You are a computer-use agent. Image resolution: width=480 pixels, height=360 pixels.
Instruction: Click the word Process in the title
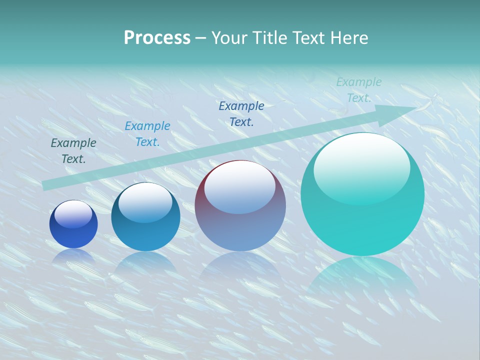pyautogui.click(x=157, y=38)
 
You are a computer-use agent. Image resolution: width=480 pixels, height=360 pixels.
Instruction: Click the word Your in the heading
pyautogui.click(x=230, y=38)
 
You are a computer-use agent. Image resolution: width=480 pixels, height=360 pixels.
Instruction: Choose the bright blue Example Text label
pyautogui.click(x=147, y=134)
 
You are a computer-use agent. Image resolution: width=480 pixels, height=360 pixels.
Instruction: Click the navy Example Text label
pyautogui.click(x=241, y=113)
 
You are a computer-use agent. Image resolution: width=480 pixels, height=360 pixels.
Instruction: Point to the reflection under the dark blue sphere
pyautogui.click(x=73, y=255)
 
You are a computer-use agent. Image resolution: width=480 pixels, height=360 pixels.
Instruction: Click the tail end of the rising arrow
pyautogui.click(x=46, y=185)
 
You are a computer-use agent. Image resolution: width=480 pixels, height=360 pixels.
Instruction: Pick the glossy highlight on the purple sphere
pyautogui.click(x=239, y=186)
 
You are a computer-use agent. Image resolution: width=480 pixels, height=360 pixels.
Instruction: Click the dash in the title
pyautogui.click(x=200, y=38)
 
